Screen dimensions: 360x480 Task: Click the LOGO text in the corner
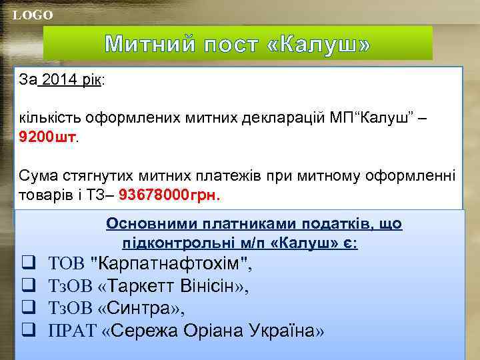click(x=33, y=15)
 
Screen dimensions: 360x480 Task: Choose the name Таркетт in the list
click(x=140, y=287)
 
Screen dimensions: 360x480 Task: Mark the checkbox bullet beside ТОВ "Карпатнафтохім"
click(x=29, y=265)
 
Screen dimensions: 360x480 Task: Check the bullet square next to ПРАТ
click(x=29, y=331)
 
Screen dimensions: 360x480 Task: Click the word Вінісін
click(x=211, y=287)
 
